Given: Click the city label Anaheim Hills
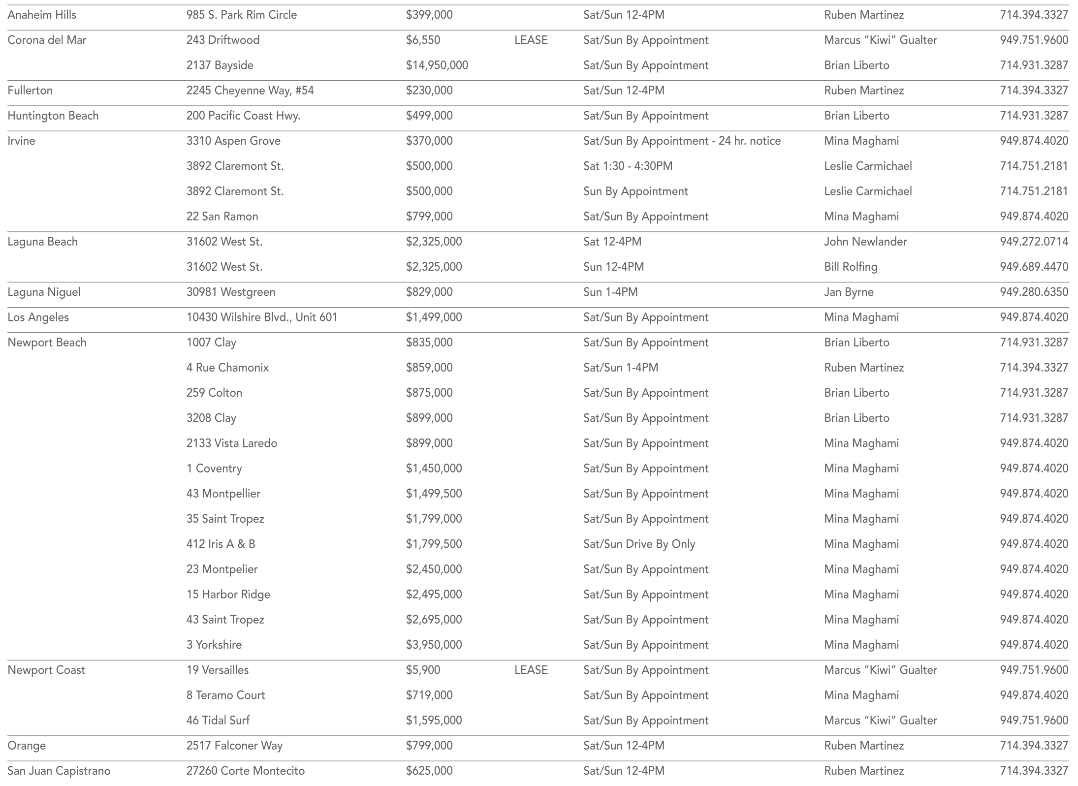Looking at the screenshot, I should coord(42,15).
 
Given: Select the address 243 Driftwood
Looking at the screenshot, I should coord(222,40).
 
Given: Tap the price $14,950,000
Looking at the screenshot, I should coord(437,65).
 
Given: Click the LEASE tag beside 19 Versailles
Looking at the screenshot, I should coord(531,670).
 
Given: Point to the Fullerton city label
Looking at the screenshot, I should coord(30,91).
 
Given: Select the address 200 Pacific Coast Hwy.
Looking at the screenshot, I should coord(243,116).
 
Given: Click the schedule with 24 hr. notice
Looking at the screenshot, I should coord(682,141).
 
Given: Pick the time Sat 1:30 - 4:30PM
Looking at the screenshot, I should coord(628,166).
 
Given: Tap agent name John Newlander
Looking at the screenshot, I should coord(865,242).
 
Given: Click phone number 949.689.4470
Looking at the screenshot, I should coord(1034,267).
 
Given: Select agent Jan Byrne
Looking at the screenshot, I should coord(849,292).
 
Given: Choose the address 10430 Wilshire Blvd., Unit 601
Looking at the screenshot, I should coord(262,317).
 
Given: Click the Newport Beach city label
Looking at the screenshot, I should coord(47,343).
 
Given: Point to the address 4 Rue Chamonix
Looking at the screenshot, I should coord(227,368).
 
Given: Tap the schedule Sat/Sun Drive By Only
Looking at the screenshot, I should coord(639,544).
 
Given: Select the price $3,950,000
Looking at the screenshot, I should coord(434,645).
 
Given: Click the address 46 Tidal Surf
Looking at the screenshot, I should coord(218,720).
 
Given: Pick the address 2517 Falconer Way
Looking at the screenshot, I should coord(234,745).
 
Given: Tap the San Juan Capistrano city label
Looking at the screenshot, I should coord(59,771).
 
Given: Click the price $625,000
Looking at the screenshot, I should coord(429,771).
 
